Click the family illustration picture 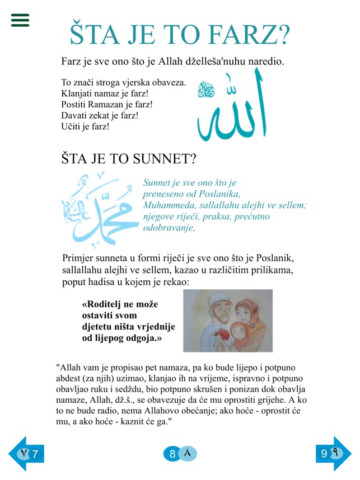(x=227, y=321)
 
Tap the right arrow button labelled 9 (x=333, y=453)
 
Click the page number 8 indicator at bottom (x=180, y=454)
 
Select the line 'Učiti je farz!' (x=85, y=126)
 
